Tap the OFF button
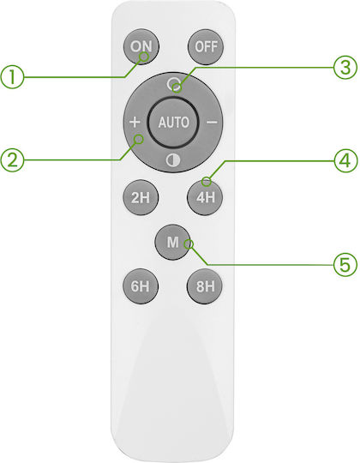pyautogui.click(x=206, y=46)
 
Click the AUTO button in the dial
pyautogui.click(x=173, y=123)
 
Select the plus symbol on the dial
pyautogui.click(x=135, y=122)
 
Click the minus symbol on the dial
pyautogui.click(x=212, y=122)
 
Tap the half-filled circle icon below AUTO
pyautogui.click(x=173, y=160)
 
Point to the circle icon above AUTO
pyautogui.click(x=173, y=84)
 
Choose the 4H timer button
pyautogui.click(x=205, y=197)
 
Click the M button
pyautogui.click(x=173, y=242)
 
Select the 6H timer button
pyautogui.click(x=141, y=286)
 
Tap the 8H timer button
pyautogui.click(x=205, y=286)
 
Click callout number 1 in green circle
pyautogui.click(x=12, y=77)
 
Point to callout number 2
pyautogui.click(x=12, y=160)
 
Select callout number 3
pyautogui.click(x=345, y=68)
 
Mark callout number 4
pyautogui.click(x=345, y=161)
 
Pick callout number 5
pyautogui.click(x=345, y=265)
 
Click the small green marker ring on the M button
pyautogui.click(x=189, y=244)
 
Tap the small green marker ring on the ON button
pyautogui.click(x=144, y=57)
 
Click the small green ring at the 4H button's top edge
pyautogui.click(x=207, y=182)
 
